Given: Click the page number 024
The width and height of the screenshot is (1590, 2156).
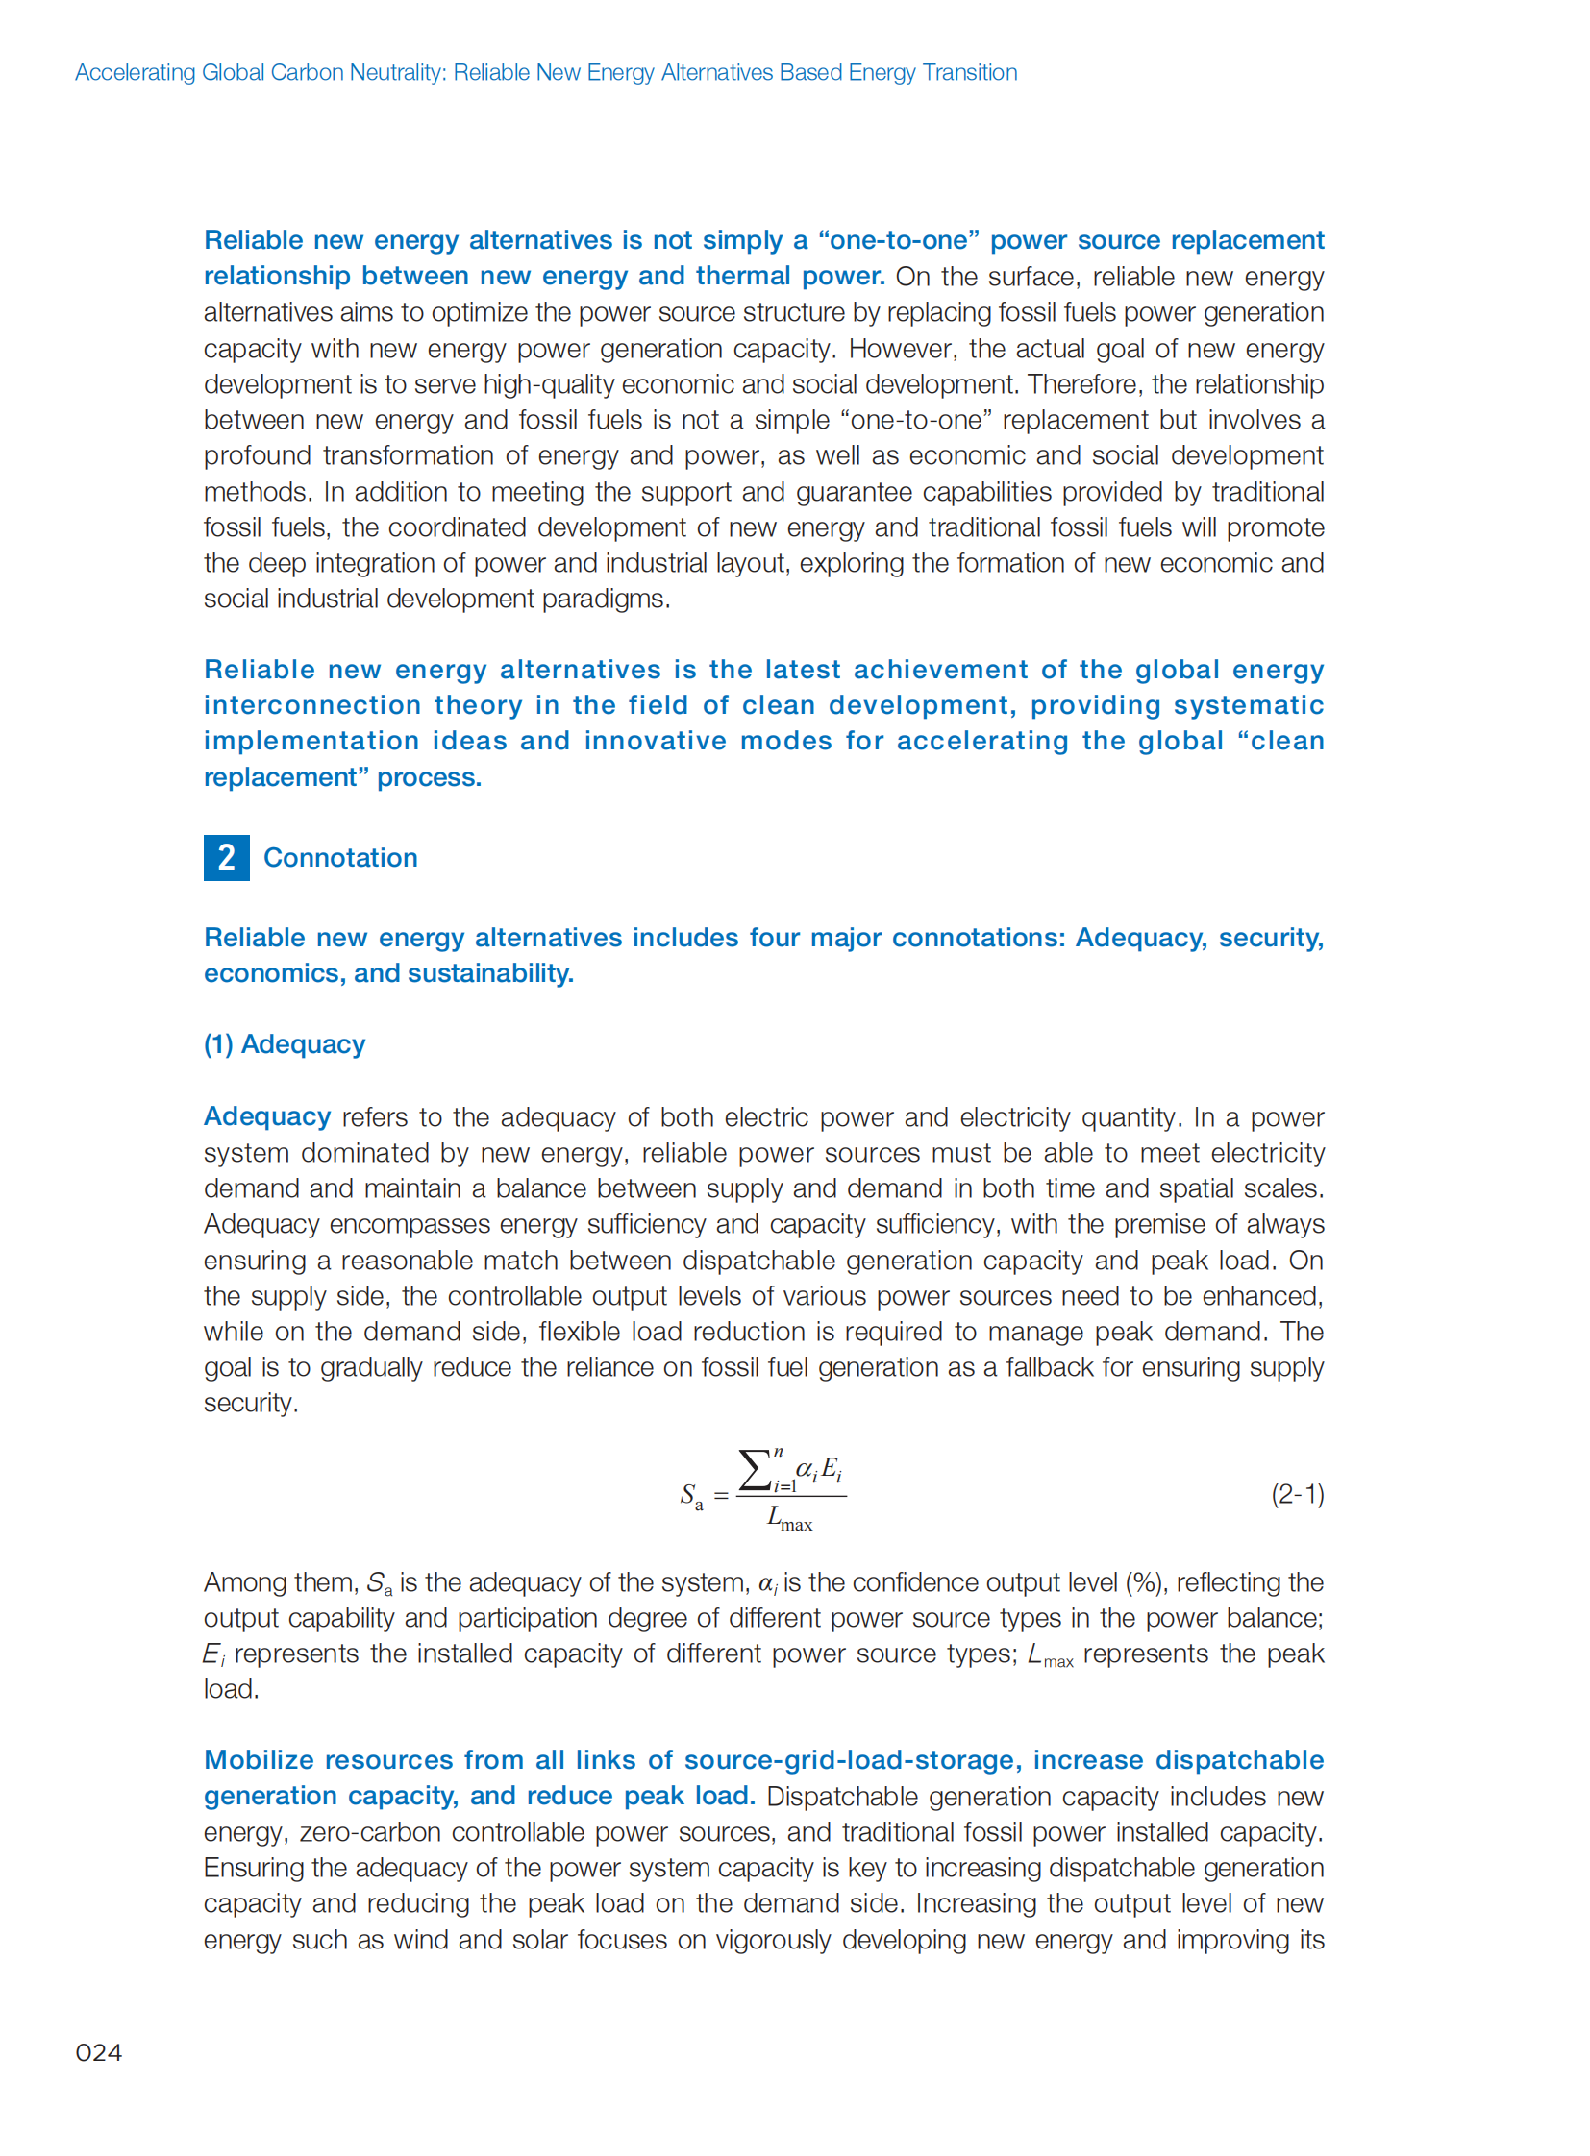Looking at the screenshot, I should click(x=98, y=2052).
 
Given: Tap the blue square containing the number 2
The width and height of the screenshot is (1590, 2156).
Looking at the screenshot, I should click(x=226, y=857).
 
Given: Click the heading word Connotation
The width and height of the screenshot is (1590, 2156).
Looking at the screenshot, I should click(x=340, y=857).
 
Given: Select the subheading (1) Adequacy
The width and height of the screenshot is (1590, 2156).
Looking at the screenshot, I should click(x=284, y=1043).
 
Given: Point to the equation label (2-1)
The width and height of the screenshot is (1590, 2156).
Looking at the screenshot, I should click(x=1297, y=1494).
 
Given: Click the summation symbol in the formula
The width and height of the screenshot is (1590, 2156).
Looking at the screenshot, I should click(x=755, y=1470).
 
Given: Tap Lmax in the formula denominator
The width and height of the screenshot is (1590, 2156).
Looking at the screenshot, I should click(x=789, y=1519).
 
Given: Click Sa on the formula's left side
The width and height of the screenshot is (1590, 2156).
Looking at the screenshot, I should click(x=691, y=1496).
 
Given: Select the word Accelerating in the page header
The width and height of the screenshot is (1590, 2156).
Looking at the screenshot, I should click(x=135, y=72).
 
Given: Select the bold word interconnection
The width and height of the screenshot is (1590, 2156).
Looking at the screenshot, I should click(x=311, y=705).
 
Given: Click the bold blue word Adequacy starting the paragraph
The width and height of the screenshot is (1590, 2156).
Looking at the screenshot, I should click(x=266, y=1116).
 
